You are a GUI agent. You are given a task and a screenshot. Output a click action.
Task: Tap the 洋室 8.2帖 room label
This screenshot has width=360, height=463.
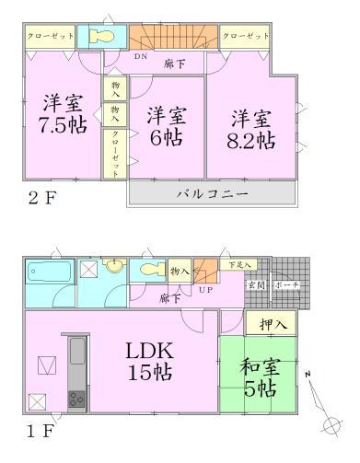coord(251,130)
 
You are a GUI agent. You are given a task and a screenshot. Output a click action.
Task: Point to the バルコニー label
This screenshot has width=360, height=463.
coord(212,194)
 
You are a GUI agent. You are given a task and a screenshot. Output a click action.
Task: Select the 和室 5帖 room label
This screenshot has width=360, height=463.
coord(258,377)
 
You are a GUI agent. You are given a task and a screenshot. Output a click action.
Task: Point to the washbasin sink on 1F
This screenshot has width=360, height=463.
coord(115,268)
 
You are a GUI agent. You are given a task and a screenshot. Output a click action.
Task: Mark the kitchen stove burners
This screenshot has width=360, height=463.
coord(75,399)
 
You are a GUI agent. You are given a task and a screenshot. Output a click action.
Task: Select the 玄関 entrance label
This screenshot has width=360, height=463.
coord(253,285)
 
